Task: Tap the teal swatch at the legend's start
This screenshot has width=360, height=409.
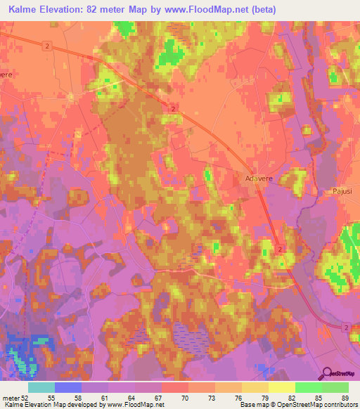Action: (41, 387)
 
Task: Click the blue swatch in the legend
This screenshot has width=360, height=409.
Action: (68, 387)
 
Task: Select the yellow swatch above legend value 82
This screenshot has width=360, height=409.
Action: (282, 387)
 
